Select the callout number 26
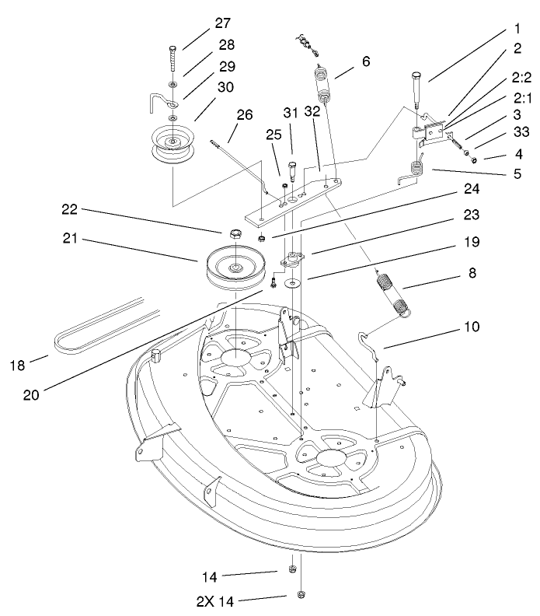pos(244,114)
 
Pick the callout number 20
pos(30,394)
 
